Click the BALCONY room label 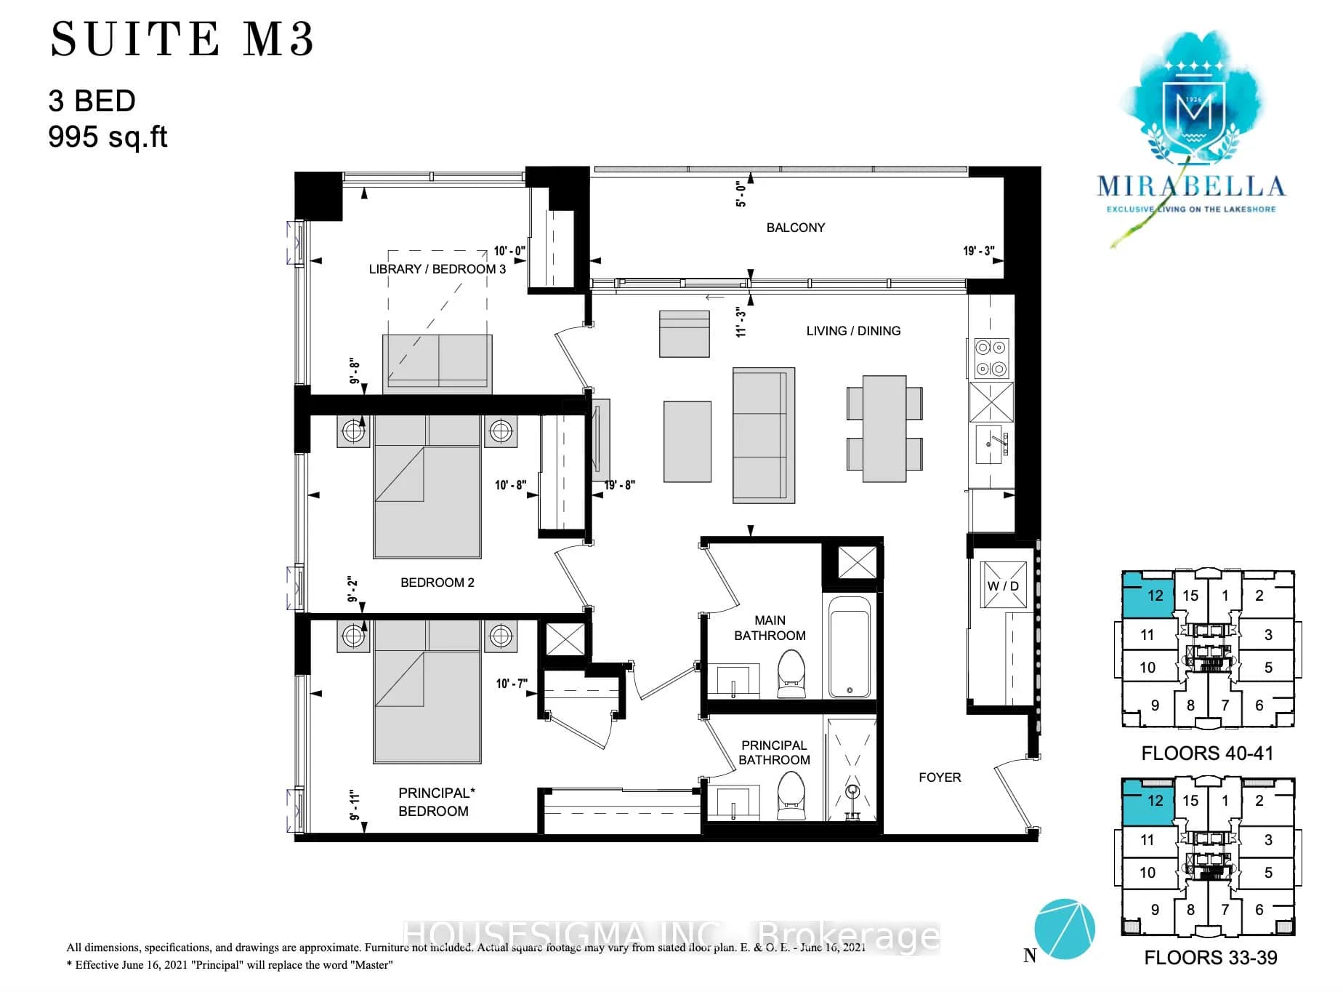point(795,228)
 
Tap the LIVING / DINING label point(852,331)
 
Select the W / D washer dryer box point(1003,585)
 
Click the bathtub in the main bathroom point(850,647)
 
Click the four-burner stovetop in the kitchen point(991,358)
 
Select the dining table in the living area point(884,428)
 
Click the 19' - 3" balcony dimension point(978,251)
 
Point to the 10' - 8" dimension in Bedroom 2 point(510,485)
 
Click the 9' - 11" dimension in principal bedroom point(355,805)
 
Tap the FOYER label point(939,777)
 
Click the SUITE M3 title point(182,39)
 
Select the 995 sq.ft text point(108,137)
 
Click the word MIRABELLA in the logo point(1190,187)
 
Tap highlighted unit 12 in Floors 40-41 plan point(1150,596)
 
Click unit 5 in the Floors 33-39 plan point(1267,872)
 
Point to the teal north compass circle point(1064,929)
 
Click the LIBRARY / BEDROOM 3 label point(437,269)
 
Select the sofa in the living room point(763,435)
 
